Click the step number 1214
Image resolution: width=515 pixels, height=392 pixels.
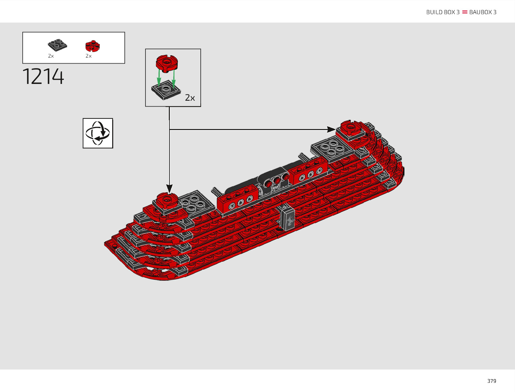43,76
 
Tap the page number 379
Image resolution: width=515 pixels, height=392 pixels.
492,381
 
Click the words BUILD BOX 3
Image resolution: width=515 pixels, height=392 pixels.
443,12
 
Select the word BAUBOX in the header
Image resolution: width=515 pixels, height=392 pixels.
480,12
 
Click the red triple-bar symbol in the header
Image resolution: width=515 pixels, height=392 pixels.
465,12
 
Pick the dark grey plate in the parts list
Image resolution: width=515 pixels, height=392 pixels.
57,45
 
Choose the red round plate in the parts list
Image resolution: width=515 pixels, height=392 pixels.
92,46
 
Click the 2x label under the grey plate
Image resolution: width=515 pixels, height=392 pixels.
51,56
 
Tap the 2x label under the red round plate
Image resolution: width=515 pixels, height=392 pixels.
89,56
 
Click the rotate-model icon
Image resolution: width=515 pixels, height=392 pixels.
98,133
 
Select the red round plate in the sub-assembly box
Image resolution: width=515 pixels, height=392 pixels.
167,63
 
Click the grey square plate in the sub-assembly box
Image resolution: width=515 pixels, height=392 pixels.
166,90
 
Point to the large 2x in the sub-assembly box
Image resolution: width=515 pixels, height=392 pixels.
190,98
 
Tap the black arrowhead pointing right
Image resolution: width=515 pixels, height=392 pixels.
331,129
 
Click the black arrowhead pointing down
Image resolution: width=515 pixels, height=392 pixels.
169,188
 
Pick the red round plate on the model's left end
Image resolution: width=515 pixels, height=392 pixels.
167,200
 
